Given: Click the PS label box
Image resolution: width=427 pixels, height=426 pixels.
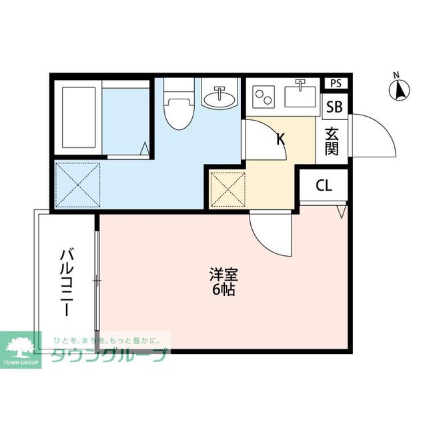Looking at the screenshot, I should [x=336, y=83].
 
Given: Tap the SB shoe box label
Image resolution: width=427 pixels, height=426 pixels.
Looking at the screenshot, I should [x=334, y=107].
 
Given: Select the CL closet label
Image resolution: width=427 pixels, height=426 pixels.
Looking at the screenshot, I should [x=324, y=186].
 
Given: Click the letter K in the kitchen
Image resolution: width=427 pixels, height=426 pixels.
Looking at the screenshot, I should [x=281, y=140].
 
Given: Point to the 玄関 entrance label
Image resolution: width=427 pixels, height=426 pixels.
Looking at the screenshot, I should [x=332, y=141].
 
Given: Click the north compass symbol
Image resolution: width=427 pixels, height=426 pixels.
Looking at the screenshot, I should [x=400, y=89].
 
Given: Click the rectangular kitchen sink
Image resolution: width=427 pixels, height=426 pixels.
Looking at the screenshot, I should [x=301, y=95].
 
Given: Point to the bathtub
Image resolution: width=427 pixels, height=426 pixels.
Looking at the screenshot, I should [x=81, y=117].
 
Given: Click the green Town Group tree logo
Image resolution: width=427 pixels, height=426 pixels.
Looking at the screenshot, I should [x=21, y=347].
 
